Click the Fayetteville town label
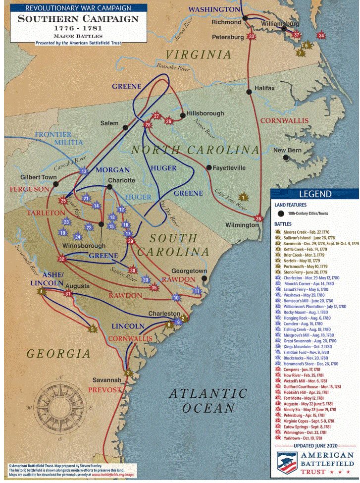coord(229,168)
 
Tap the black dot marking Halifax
coord(248,92)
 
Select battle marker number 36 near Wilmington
coord(258,218)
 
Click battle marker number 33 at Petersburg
coord(252,36)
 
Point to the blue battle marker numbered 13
coord(84,171)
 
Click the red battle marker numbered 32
coord(61,259)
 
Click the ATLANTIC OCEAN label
coord(208,401)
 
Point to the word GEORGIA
coord(59,354)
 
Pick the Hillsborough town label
coord(206,113)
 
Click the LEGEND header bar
coord(314,194)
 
